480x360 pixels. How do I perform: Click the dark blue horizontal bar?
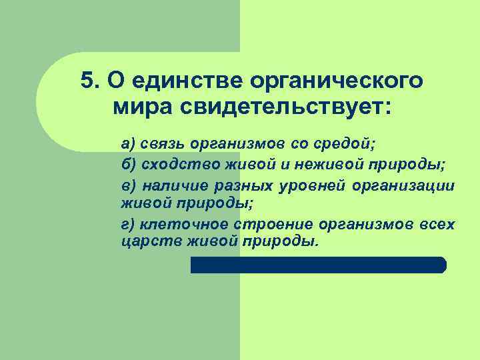[318, 265]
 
